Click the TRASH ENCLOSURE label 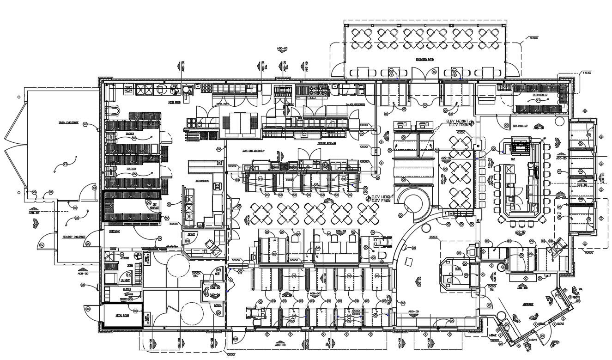68,123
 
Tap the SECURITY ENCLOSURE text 71,237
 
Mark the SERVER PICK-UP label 326,143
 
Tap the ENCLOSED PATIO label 424,60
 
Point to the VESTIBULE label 527,305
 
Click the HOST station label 458,269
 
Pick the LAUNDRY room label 125,280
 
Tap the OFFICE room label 190,234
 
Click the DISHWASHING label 203,181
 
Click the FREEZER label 131,169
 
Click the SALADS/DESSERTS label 355,105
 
